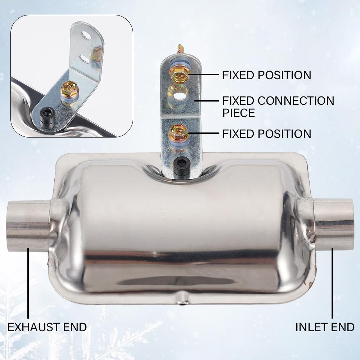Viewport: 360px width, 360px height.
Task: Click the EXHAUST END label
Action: tap(47, 327)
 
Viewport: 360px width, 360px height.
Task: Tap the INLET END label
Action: tap(325, 327)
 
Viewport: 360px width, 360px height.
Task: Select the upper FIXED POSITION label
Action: tap(267, 75)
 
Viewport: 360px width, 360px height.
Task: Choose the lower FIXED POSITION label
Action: tap(267, 134)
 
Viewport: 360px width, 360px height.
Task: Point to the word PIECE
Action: tap(239, 113)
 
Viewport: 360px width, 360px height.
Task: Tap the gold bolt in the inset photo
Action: tap(68, 88)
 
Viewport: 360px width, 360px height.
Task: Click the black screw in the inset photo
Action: tap(46, 116)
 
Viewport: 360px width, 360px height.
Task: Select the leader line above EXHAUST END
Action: tap(28, 284)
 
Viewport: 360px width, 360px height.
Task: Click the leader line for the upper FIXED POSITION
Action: tap(203, 75)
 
